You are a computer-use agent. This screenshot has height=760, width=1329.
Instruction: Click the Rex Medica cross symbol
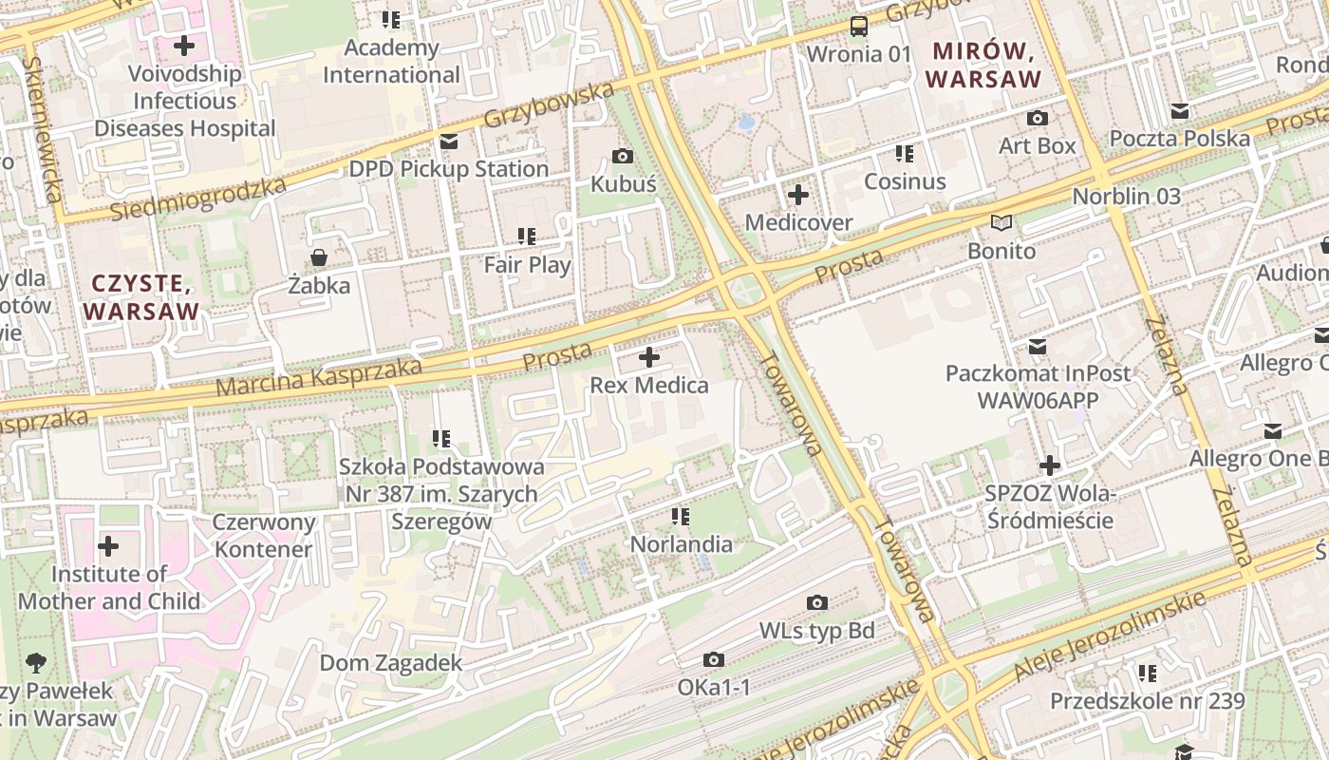(649, 358)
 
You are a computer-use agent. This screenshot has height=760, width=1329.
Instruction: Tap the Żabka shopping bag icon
(319, 257)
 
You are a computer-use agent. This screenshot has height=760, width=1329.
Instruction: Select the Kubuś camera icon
(623, 157)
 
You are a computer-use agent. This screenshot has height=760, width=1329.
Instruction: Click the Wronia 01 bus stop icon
(858, 26)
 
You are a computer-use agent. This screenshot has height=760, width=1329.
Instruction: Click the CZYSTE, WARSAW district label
(141, 296)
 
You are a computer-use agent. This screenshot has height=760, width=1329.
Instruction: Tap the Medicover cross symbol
(798, 195)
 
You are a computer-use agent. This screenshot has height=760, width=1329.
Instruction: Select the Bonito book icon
(1001, 223)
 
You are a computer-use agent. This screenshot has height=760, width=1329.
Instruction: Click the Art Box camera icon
(1038, 119)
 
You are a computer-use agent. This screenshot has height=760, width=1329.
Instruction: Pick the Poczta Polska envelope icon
(1180, 111)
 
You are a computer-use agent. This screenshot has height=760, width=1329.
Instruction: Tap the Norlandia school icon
(681, 517)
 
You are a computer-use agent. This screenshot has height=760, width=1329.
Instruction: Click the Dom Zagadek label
(390, 663)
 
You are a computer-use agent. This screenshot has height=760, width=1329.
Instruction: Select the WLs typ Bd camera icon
(816, 603)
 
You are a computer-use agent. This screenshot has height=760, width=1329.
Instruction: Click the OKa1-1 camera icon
(714, 660)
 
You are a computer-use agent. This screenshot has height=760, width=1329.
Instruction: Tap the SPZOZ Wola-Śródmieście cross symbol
(1049, 465)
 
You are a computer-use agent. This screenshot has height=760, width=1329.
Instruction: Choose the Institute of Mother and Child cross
(108, 546)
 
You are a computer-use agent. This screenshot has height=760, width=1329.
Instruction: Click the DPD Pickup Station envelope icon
(449, 142)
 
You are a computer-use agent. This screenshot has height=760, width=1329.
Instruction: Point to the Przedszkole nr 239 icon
(1148, 674)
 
